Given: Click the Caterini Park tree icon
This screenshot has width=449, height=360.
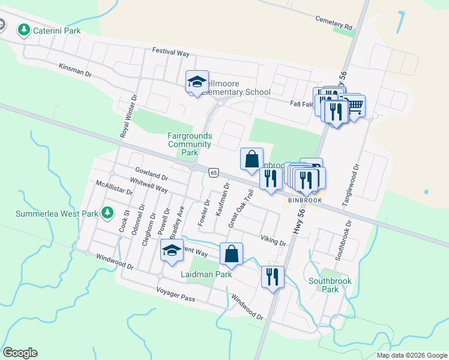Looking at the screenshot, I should coord(24,30).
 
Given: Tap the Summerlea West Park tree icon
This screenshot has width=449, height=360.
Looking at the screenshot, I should coord(107,212).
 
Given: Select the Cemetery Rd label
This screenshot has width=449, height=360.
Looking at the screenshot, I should coord(334,23).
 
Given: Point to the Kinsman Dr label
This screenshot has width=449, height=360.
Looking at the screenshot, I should coord(75,70).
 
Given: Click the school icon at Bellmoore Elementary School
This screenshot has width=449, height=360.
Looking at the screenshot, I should coord(197,82).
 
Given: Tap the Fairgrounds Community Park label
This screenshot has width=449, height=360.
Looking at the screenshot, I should coord(189,144).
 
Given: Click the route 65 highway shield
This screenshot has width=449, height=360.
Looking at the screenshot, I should coord(214,173).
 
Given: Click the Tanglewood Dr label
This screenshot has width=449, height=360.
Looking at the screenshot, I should coord(351,186).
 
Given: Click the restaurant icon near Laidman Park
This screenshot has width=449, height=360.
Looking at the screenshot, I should coord(273,277).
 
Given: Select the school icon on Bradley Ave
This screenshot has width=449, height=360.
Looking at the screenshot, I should coord(172,251).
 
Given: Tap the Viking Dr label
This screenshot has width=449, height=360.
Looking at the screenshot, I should coord(273,241).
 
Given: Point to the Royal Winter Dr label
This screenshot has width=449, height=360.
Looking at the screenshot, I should coord(127,116).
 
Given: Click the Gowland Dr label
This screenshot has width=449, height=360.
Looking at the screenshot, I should coord(151,175).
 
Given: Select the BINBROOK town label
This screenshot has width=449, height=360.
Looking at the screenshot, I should coord(305,200).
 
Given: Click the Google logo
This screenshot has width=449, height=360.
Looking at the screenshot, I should coord(20,353).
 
